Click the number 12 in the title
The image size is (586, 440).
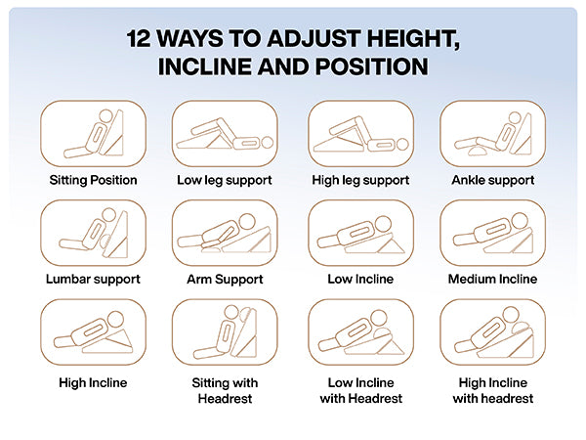tap(139, 38)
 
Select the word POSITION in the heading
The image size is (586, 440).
tap(372, 66)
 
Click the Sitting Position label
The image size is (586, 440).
tap(93, 180)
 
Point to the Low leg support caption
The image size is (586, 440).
tap(225, 180)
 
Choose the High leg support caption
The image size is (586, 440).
tap(360, 180)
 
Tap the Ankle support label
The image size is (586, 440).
tap(493, 180)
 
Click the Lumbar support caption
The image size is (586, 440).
tap(93, 279)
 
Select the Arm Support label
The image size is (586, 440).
tap(225, 279)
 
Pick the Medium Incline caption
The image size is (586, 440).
tap(492, 279)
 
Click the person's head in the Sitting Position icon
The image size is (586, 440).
tap(105, 115)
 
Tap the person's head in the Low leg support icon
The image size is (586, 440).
tap(268, 143)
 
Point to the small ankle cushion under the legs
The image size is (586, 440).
tap(478, 151)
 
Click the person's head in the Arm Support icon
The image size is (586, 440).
tap(247, 221)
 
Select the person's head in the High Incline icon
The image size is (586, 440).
tap(115, 319)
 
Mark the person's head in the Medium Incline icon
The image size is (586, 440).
tap(521, 220)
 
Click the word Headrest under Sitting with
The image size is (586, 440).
tap(225, 399)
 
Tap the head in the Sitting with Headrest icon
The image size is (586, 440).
tap(231, 312)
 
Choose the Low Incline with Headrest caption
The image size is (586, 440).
tap(361, 390)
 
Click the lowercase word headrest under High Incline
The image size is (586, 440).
tap(513, 399)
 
